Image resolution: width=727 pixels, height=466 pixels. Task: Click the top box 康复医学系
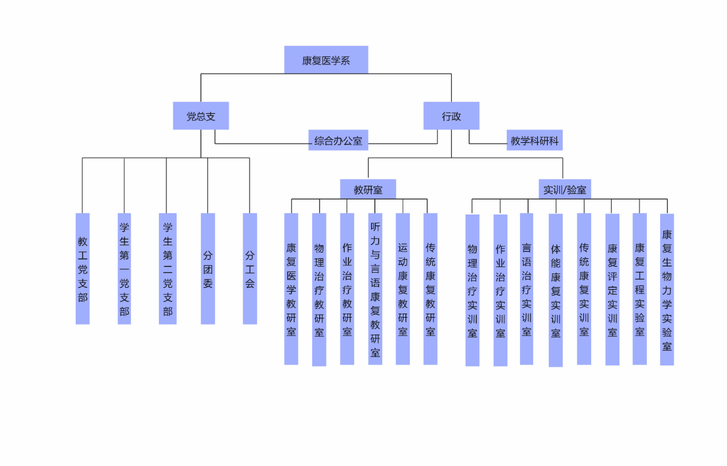(x=326, y=60)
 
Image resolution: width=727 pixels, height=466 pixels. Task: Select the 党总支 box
(x=201, y=116)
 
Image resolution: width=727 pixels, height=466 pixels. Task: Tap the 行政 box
(x=451, y=116)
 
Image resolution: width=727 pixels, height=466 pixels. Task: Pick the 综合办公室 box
(x=338, y=141)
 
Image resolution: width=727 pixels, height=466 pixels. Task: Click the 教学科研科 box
(x=534, y=141)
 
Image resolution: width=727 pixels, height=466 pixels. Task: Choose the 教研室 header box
(x=368, y=190)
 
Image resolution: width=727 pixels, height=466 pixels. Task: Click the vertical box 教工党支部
(x=83, y=269)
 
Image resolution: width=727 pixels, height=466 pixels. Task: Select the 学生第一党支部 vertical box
(x=125, y=269)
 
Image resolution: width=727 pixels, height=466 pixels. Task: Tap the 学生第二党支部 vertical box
(x=167, y=269)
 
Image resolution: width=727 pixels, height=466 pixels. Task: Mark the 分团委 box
(x=208, y=269)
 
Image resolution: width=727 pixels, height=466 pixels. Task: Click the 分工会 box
(x=250, y=269)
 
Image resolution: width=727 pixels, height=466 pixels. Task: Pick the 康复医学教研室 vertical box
(x=291, y=289)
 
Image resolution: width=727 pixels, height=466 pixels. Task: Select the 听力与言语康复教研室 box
(x=375, y=289)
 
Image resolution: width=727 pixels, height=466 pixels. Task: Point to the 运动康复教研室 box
(x=403, y=289)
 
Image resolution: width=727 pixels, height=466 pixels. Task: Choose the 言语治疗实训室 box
(x=527, y=289)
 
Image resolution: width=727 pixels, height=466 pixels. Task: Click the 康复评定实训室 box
(x=612, y=290)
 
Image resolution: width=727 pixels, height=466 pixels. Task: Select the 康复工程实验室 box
(x=639, y=289)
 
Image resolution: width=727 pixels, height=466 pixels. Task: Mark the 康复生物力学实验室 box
(x=667, y=290)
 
